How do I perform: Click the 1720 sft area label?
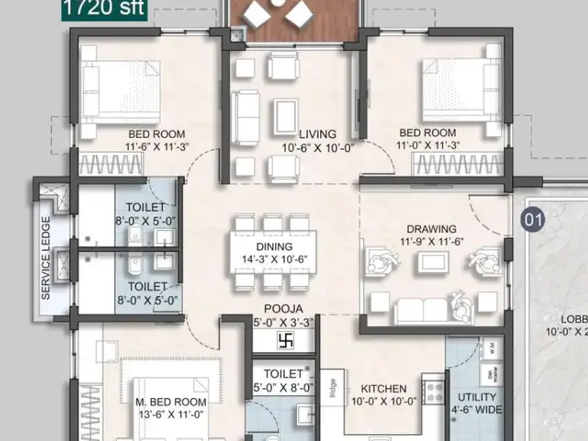click(x=104, y=8)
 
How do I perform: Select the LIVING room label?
click(x=317, y=134)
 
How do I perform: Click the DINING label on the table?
click(x=274, y=247)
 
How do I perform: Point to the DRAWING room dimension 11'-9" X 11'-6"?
click(x=431, y=241)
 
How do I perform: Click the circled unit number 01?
click(x=533, y=220)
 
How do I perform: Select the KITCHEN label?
click(x=384, y=389)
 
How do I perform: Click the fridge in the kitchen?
click(x=332, y=389)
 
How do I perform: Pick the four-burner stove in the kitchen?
click(x=434, y=392)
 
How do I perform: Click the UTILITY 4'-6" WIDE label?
click(x=477, y=403)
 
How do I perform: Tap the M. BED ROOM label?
click(x=171, y=402)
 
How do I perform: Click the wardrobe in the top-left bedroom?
click(x=111, y=164)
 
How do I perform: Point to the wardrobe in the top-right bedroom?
click(x=458, y=164)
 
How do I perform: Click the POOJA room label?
click(x=283, y=309)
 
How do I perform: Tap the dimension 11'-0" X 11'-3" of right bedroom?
click(x=428, y=145)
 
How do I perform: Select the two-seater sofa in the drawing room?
click(x=422, y=310)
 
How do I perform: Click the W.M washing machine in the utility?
click(x=491, y=347)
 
